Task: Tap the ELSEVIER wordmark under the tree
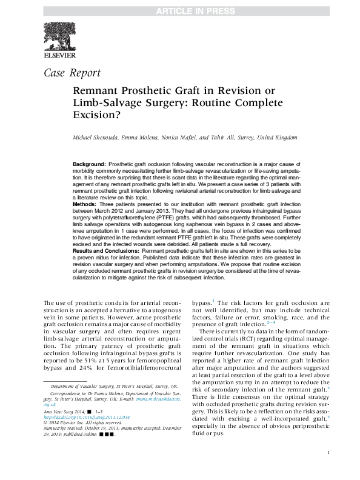(x=59, y=55)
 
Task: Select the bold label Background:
(x=89, y=165)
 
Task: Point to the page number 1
(x=328, y=470)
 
